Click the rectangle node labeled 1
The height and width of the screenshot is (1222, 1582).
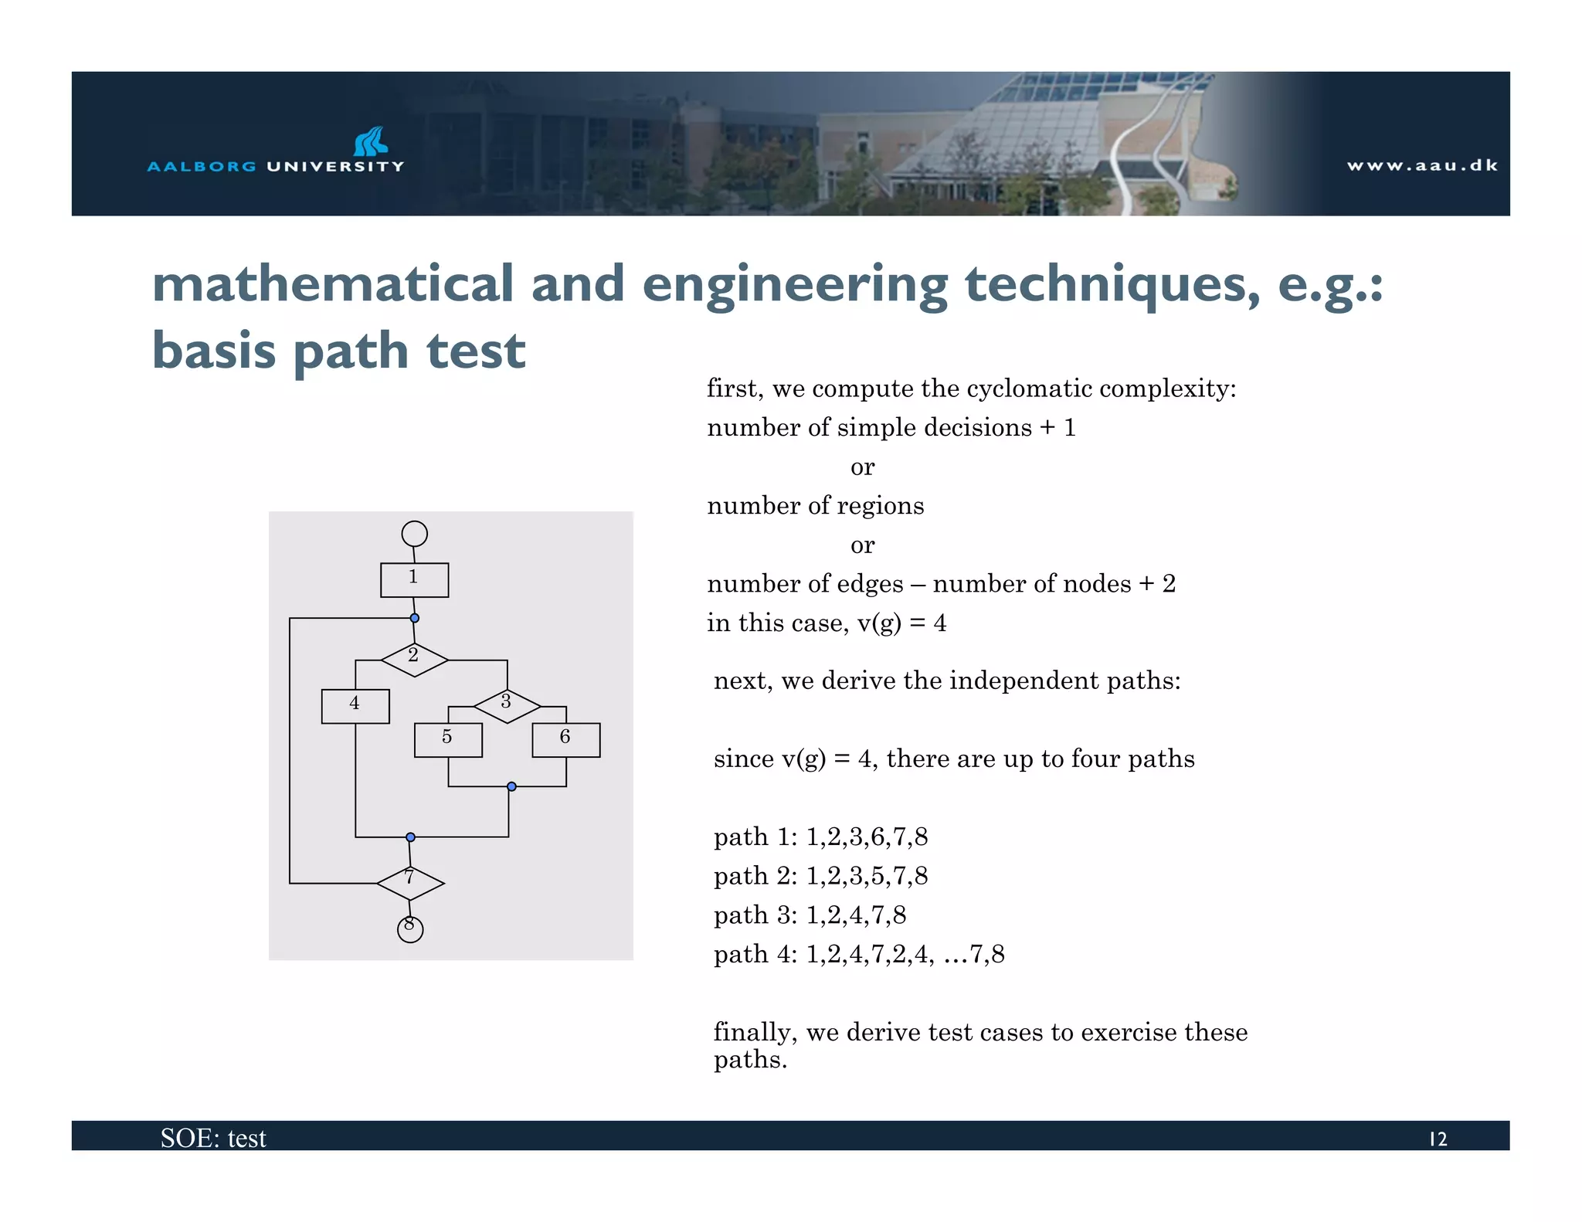(414, 579)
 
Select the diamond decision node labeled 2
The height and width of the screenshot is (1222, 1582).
(414, 660)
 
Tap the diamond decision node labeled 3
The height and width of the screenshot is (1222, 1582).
(507, 706)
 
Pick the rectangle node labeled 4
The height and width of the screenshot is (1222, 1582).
(355, 706)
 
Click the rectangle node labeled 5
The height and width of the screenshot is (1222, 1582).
(448, 739)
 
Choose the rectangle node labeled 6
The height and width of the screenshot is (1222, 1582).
(565, 739)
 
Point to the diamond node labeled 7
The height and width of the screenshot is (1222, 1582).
(410, 883)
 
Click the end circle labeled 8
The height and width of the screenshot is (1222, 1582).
(410, 928)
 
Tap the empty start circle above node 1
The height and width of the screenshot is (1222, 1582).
(415, 534)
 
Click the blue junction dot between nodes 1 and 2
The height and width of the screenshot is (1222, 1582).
(415, 618)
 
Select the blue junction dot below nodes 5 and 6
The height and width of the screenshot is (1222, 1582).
(511, 786)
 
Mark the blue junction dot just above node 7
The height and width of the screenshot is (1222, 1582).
(410, 837)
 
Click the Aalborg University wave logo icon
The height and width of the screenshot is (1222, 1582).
(371, 141)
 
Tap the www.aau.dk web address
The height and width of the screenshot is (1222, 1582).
(1422, 165)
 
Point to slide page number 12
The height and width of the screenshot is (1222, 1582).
(1438, 1139)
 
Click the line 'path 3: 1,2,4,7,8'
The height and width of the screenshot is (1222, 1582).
(810, 915)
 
